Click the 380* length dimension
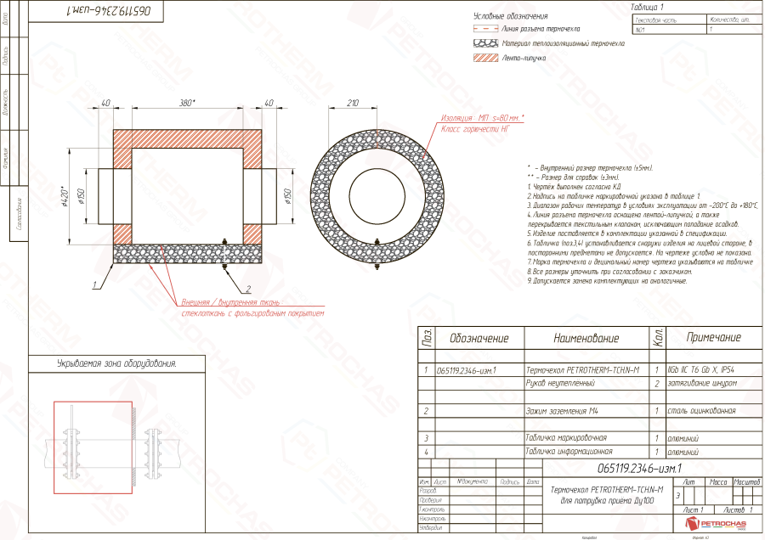point(187,103)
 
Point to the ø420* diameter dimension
point(65,197)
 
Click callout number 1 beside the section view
point(97,278)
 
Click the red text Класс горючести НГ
point(475,129)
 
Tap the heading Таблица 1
point(648,7)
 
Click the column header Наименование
point(586,338)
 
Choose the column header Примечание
point(712,338)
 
